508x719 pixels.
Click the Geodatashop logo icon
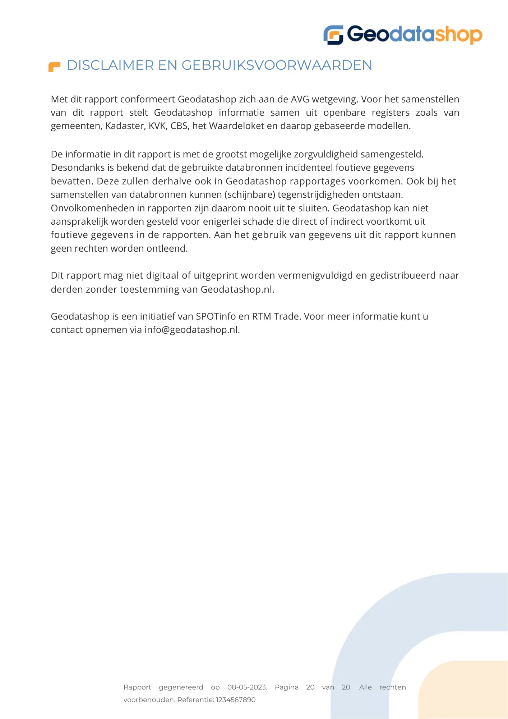point(333,35)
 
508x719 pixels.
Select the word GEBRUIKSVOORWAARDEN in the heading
point(277,65)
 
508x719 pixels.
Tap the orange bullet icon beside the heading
point(54,67)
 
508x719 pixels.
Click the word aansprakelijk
point(79,222)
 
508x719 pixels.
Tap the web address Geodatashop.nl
point(237,289)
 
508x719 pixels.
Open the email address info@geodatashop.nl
point(191,330)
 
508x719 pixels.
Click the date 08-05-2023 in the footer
point(247,687)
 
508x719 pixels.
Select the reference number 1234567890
point(236,700)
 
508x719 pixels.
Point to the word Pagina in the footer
point(287,687)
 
